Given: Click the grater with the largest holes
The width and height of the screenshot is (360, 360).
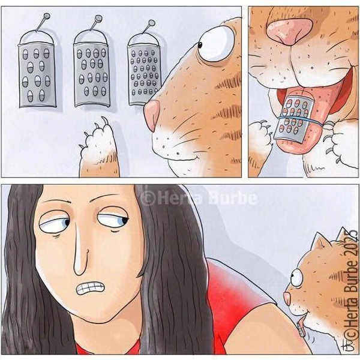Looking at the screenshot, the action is (37, 74).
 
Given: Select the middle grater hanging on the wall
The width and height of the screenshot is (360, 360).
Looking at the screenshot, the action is (91, 74).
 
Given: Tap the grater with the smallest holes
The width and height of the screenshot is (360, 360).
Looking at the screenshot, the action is (144, 73).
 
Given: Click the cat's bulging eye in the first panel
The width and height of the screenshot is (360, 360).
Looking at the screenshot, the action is (216, 44).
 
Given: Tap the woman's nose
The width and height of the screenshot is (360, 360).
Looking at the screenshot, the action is (81, 253).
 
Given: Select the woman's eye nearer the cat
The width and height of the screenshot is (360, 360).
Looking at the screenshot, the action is (113, 218).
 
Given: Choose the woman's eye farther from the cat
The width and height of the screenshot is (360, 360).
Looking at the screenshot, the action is (54, 223).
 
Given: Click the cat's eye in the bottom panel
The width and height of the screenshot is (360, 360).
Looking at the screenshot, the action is (296, 277).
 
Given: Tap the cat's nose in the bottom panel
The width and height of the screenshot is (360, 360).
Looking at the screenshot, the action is (287, 298).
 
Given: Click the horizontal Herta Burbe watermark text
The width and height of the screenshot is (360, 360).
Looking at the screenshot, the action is (199, 198).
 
